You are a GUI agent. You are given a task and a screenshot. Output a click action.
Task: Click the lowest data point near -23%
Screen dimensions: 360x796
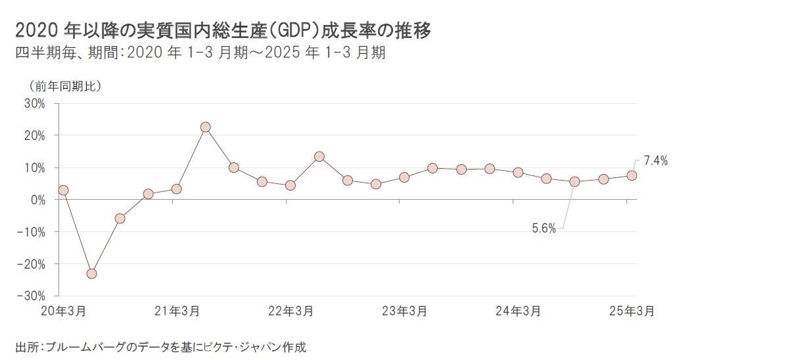pyautogui.click(x=91, y=273)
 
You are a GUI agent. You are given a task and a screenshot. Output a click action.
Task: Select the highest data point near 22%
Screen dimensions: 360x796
pyautogui.click(x=205, y=127)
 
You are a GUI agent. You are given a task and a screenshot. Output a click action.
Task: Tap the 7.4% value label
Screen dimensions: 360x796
pyautogui.click(x=655, y=160)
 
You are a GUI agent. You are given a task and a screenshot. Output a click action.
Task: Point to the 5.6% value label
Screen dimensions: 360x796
pyautogui.click(x=544, y=229)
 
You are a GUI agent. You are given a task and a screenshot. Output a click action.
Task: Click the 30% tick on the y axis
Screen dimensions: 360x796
pyautogui.click(x=34, y=103)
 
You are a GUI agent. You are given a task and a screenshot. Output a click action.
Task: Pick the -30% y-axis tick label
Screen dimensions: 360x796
pyautogui.click(x=32, y=296)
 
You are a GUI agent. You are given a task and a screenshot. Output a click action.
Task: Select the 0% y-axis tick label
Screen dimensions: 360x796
pyautogui.click(x=37, y=200)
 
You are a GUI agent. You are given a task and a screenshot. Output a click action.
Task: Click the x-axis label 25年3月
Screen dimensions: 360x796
pyautogui.click(x=631, y=311)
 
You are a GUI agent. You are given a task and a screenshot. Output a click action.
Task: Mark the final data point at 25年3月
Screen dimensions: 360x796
pyautogui.click(x=631, y=175)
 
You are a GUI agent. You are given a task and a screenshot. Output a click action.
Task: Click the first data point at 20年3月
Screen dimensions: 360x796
pyautogui.click(x=63, y=191)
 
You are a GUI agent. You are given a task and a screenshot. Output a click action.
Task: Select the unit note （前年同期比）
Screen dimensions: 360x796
pyautogui.click(x=64, y=86)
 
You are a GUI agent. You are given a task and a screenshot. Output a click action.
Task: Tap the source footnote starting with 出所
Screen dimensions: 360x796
pyautogui.click(x=161, y=346)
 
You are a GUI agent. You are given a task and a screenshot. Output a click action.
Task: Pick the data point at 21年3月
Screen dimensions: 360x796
pyautogui.click(x=176, y=189)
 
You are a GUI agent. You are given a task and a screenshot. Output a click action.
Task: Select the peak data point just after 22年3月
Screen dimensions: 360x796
pyautogui.click(x=319, y=156)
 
